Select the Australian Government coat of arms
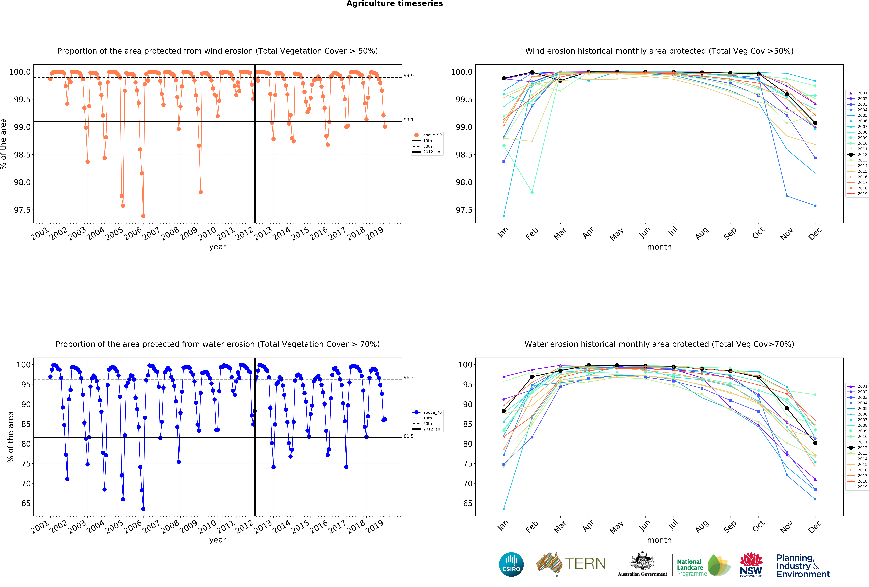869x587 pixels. click(x=642, y=561)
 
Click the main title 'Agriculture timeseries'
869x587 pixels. click(x=394, y=4)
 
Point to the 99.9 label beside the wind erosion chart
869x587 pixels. click(x=408, y=76)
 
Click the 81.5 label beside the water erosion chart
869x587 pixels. click(x=408, y=436)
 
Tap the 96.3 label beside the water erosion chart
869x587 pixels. click(x=408, y=378)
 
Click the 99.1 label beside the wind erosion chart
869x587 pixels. click(x=408, y=120)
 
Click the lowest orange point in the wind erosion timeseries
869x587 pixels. click(x=143, y=216)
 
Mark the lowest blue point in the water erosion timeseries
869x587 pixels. click(x=143, y=509)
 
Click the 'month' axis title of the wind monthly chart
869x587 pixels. click(x=659, y=247)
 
